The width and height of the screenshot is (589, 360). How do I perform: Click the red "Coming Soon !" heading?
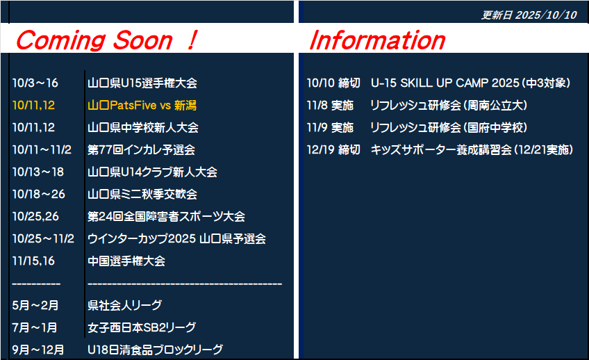(107, 40)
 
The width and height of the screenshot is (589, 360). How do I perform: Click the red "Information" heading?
(377, 40)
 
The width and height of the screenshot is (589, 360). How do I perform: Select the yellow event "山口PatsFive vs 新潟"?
(142, 105)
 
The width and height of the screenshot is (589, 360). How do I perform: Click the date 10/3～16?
(35, 83)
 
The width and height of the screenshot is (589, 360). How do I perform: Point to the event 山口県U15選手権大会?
(142, 83)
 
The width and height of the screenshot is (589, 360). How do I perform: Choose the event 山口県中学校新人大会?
(143, 127)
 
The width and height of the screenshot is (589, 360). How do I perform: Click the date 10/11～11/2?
(42, 150)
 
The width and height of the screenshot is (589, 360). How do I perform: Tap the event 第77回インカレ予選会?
(141, 150)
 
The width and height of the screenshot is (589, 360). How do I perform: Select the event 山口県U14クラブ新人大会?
(153, 172)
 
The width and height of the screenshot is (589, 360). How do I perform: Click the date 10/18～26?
(39, 195)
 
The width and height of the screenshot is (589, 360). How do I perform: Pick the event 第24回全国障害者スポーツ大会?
(167, 216)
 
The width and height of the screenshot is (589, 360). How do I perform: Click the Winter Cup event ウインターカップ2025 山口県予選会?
(176, 238)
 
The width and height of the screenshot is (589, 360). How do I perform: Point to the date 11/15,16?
(33, 261)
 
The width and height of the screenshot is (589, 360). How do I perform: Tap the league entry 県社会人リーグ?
(125, 305)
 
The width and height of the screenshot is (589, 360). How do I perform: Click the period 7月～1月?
(35, 327)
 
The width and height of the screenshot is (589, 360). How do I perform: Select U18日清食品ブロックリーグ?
(155, 350)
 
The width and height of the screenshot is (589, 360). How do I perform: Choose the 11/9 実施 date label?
(330, 127)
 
